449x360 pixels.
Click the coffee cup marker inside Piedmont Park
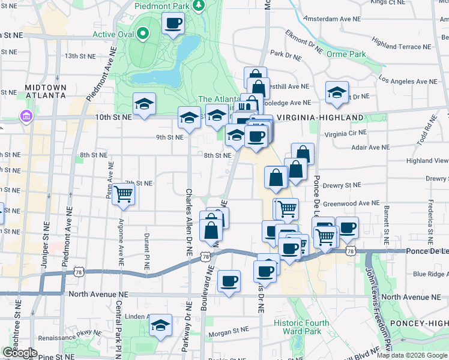point(173,25)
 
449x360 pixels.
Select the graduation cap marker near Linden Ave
point(160,326)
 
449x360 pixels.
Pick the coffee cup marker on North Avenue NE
point(229,281)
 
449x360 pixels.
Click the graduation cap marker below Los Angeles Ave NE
point(337,92)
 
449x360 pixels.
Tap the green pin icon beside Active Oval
point(143,34)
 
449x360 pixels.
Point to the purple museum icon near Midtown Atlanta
point(26,115)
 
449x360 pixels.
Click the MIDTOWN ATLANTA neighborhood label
point(45,91)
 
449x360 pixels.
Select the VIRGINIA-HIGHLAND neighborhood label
point(319,118)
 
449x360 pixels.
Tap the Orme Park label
point(346,54)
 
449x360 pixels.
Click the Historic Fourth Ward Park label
point(301,327)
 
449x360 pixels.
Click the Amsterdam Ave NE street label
point(333,19)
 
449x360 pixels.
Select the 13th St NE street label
point(80,56)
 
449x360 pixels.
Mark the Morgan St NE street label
point(228,330)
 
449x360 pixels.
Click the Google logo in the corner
point(20,353)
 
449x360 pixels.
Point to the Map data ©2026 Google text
point(416,355)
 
